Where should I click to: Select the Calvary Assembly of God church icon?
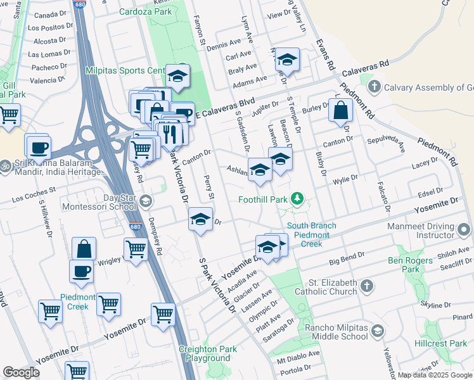[375, 86]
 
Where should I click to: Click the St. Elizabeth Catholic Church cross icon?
[366, 286]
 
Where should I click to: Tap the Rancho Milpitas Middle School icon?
[378, 331]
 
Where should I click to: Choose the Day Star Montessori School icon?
[145, 201]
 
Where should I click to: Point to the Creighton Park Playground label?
[208, 353]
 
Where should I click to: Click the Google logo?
[21, 372]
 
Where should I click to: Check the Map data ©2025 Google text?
[435, 375]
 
